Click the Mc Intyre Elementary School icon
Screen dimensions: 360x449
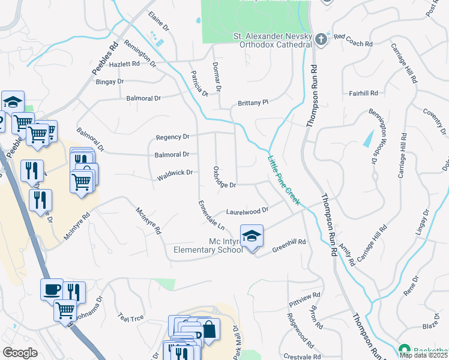click(252, 235)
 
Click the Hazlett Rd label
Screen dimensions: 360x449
click(124, 64)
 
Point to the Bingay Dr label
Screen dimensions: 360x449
click(109, 81)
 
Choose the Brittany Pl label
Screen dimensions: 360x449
click(253, 103)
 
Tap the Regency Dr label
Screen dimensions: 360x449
click(172, 137)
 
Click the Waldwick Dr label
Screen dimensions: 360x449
click(175, 175)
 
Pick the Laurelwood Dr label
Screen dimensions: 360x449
click(246, 211)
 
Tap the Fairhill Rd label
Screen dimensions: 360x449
click(364, 94)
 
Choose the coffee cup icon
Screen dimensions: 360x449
click(52, 289)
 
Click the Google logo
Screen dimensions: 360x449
click(20, 353)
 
